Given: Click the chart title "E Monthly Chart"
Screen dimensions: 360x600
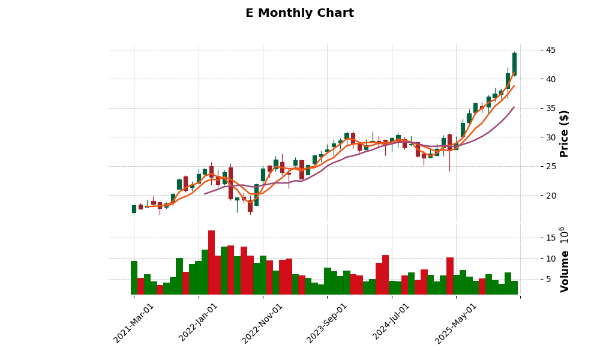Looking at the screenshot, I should pyautogui.click(x=299, y=13).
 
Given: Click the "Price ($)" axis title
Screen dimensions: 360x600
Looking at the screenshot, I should pyautogui.click(x=564, y=133).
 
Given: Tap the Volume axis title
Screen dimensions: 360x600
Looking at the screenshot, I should pyautogui.click(x=564, y=259).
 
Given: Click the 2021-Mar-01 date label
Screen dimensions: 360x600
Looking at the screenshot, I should pyautogui.click(x=134, y=322).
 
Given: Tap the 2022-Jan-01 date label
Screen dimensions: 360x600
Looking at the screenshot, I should pyautogui.click(x=199, y=322).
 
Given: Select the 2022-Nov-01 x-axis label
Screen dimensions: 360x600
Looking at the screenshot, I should pyautogui.click(x=263, y=322).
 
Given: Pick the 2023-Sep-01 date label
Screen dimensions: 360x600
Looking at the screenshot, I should pyautogui.click(x=328, y=322).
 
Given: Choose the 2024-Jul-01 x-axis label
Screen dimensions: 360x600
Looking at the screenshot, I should pyautogui.click(x=392, y=322).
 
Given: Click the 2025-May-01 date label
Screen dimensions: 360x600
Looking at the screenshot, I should pyautogui.click(x=457, y=322).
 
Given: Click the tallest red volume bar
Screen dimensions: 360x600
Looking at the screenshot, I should pyautogui.click(x=211, y=262).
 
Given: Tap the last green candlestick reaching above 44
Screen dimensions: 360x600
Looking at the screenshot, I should pyautogui.click(x=514, y=64).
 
